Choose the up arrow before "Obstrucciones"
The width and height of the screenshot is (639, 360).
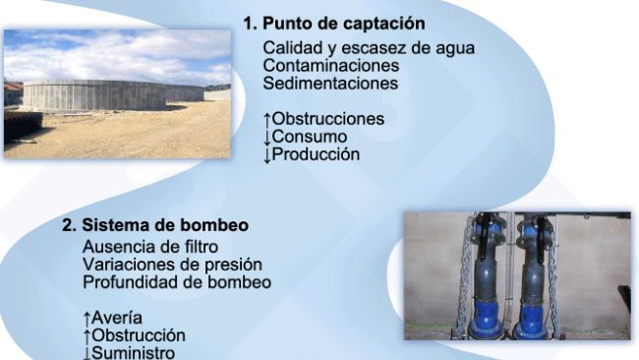[267, 119]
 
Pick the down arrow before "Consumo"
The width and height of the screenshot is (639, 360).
[267, 137]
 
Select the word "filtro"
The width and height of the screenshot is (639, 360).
[196, 246]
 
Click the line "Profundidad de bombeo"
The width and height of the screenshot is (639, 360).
[177, 281]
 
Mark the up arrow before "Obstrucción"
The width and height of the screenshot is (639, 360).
[87, 334]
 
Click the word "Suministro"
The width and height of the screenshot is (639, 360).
[133, 352]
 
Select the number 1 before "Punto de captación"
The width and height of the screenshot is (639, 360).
[250, 23]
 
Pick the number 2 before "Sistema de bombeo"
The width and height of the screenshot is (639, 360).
[68, 225]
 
